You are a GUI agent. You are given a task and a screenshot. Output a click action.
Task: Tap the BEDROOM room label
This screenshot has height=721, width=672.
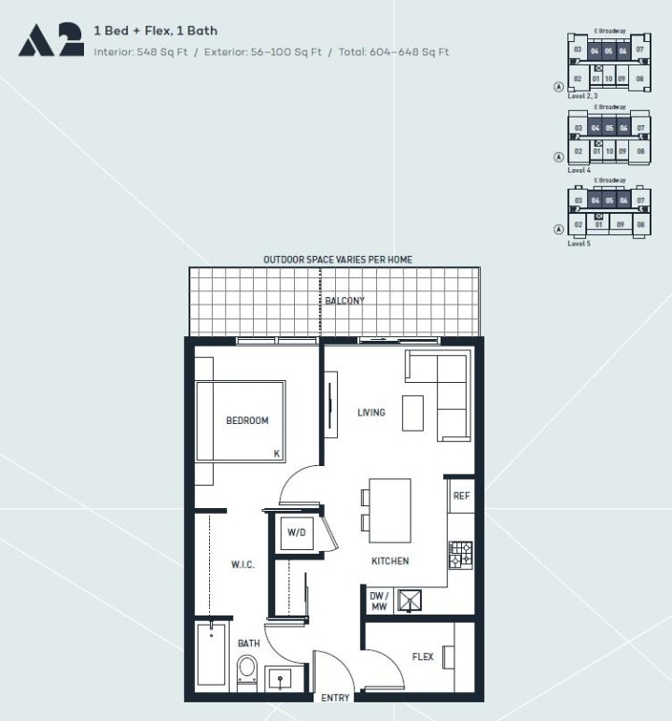pyautogui.click(x=247, y=420)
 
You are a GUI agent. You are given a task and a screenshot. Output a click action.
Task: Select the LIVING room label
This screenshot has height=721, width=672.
pyautogui.click(x=371, y=412)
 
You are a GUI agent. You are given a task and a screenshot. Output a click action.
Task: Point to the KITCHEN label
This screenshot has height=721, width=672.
pyautogui.click(x=389, y=561)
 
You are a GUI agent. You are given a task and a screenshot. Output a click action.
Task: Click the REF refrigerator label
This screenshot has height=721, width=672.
pyautogui.click(x=461, y=496)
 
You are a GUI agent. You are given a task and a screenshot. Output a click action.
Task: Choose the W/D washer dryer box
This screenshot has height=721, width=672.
pyautogui.click(x=297, y=533)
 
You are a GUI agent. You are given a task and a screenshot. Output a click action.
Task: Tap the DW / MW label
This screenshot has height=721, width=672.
pyautogui.click(x=379, y=601)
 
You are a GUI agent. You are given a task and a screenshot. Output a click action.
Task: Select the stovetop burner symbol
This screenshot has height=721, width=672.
pyautogui.click(x=461, y=556)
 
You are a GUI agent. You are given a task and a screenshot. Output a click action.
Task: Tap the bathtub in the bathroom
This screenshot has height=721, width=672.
pyautogui.click(x=212, y=657)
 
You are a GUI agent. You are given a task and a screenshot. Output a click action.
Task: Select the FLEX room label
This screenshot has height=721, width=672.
pyautogui.click(x=423, y=657)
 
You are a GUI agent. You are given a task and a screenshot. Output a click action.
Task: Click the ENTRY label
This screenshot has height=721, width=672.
pyautogui.click(x=335, y=698)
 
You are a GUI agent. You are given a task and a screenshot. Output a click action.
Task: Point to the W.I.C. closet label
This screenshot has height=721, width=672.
pyautogui.click(x=243, y=565)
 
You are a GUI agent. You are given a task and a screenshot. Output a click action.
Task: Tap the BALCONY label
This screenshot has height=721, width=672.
pyautogui.click(x=338, y=301)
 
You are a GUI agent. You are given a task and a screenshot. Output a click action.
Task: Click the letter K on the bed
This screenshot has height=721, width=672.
pyautogui.click(x=276, y=453)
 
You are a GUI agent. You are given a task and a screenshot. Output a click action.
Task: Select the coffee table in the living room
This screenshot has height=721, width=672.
pyautogui.click(x=413, y=413)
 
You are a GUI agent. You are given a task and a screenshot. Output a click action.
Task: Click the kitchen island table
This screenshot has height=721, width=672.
pyautogui.click(x=390, y=510)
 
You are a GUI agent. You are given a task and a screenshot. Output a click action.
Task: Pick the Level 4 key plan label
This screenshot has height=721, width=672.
pyautogui.click(x=579, y=171)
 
